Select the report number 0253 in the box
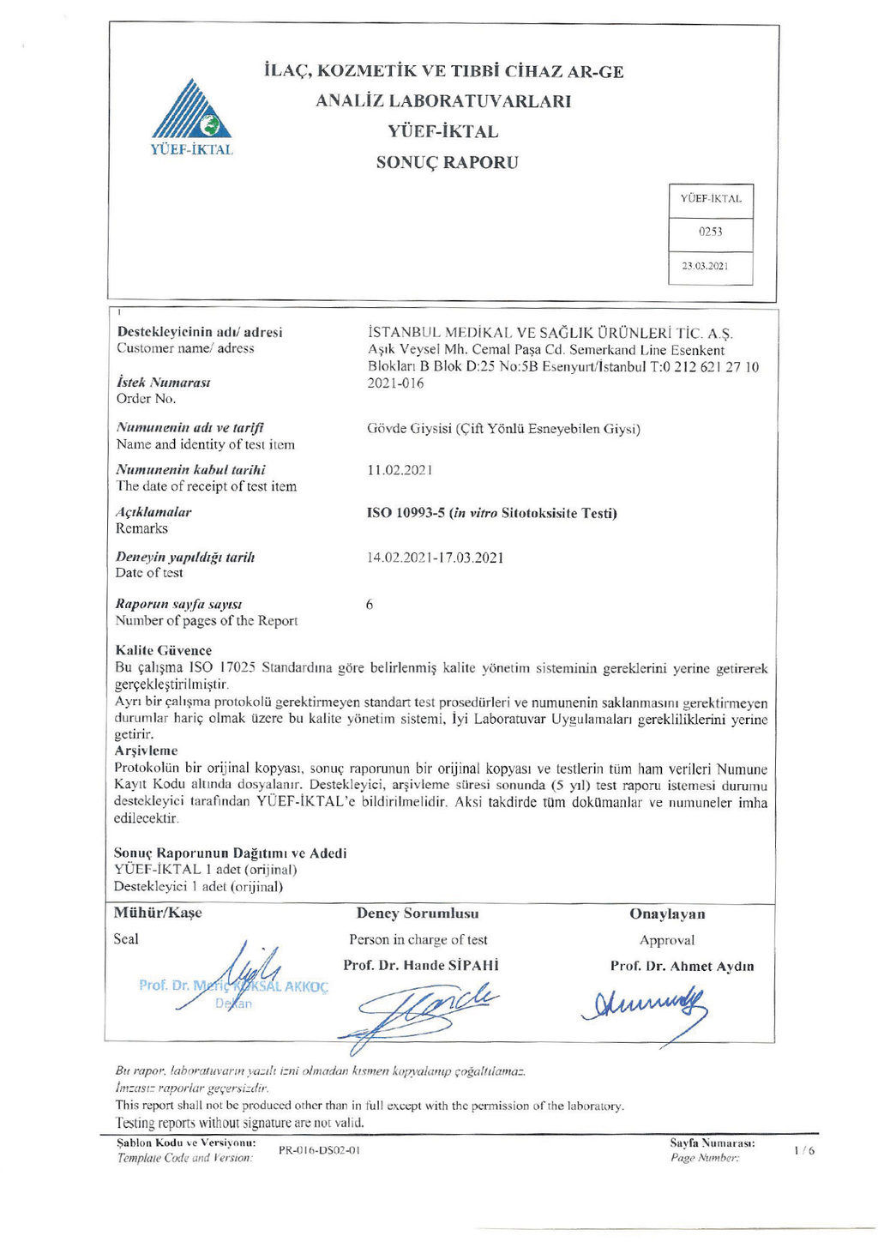click(x=710, y=232)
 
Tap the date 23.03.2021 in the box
click(x=705, y=266)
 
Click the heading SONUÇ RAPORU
click(x=447, y=163)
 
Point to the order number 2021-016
click(x=395, y=383)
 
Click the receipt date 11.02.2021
click(x=400, y=470)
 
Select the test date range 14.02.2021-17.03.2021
click(x=435, y=558)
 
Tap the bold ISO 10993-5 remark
click(x=491, y=514)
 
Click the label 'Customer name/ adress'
click(x=185, y=348)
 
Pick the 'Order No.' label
click(x=146, y=399)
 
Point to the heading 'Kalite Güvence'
click(x=163, y=650)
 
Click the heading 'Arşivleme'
click(x=146, y=751)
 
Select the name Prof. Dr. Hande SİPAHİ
click(x=421, y=965)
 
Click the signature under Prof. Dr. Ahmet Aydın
click(x=645, y=1007)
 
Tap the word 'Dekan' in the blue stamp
click(x=233, y=1004)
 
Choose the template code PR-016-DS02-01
click(x=319, y=1150)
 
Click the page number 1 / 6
click(x=804, y=1150)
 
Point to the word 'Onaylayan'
click(x=667, y=914)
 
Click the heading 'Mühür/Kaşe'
click(x=158, y=913)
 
